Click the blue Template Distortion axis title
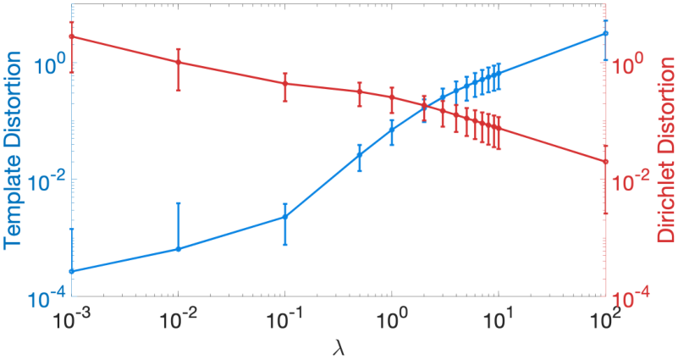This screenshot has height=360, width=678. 12,149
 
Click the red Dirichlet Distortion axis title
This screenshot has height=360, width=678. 665,149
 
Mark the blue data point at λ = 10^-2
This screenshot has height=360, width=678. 178,249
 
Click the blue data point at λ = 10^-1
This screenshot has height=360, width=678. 285,217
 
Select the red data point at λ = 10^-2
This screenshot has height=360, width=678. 178,63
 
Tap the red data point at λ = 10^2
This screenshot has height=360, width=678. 605,162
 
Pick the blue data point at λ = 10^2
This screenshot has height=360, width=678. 605,33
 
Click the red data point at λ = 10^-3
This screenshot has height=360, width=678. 72,36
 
